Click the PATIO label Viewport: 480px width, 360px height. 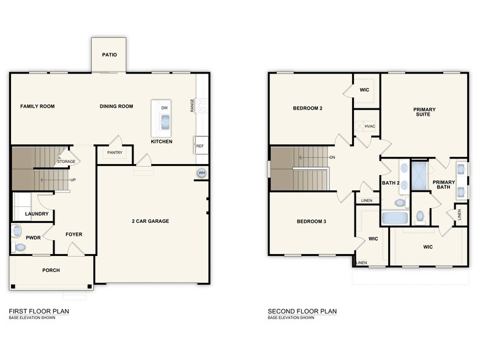pos(109,54)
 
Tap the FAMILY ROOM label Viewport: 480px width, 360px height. pos(37,107)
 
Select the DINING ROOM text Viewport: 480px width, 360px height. pos(116,107)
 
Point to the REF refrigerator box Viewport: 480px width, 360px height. pos(200,146)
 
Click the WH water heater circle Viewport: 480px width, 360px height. pos(201,173)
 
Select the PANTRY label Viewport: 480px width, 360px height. pos(114,152)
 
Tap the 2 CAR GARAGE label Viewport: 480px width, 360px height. pos(150,221)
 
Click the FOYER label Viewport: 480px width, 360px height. pos(73,234)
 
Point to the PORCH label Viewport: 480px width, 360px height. pos(51,270)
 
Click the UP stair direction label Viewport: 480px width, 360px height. pos(72,180)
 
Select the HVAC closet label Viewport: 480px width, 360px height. pos(369,127)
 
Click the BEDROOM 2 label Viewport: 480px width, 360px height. pos(307,108)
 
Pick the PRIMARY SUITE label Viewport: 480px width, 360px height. pos(424,112)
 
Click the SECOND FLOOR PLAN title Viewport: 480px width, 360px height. pos(302,311)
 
